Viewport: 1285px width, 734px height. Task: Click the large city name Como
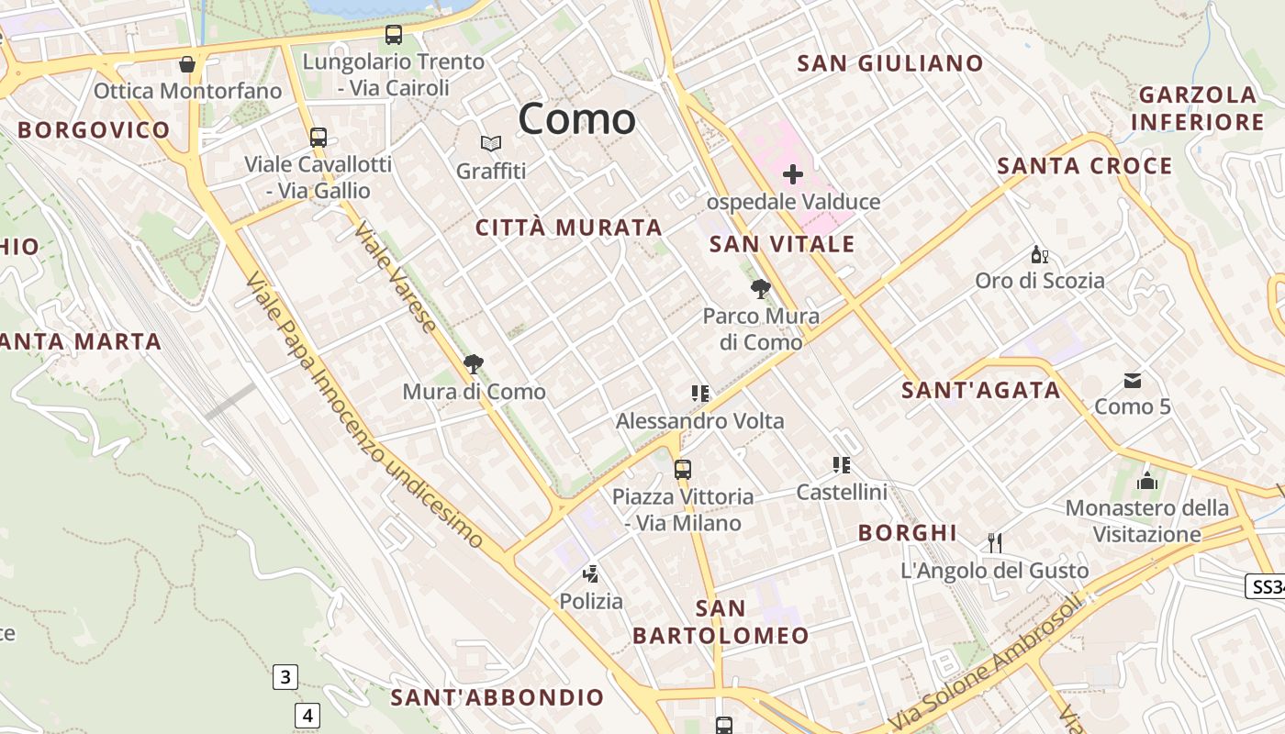coord(576,119)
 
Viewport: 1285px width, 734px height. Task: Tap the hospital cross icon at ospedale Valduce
coord(793,173)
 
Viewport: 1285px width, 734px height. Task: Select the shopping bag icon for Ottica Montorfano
coord(187,64)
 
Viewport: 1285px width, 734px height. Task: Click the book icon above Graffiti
coord(491,143)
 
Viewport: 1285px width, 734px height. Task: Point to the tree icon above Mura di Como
coord(474,364)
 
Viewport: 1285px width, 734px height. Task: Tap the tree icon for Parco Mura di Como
coord(760,289)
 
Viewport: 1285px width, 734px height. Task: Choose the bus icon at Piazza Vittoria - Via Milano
coord(683,469)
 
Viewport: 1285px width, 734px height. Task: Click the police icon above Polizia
coord(591,574)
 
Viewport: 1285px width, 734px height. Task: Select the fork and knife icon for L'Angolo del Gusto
coord(994,542)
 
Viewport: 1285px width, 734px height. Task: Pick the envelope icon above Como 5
coord(1132,380)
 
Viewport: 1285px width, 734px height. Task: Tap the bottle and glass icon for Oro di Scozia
coord(1039,254)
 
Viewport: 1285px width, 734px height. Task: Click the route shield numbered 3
coord(285,678)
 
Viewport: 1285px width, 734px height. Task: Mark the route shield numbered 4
coord(307,715)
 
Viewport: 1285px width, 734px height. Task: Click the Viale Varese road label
coord(396,276)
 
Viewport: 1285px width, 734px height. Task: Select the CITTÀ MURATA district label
coord(568,228)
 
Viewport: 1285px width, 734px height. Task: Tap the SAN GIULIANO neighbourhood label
coord(889,63)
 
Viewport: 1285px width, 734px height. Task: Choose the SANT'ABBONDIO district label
coord(497,697)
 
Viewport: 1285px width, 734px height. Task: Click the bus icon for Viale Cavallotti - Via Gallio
coord(318,138)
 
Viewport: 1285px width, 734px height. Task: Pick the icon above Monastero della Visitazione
coord(1146,481)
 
